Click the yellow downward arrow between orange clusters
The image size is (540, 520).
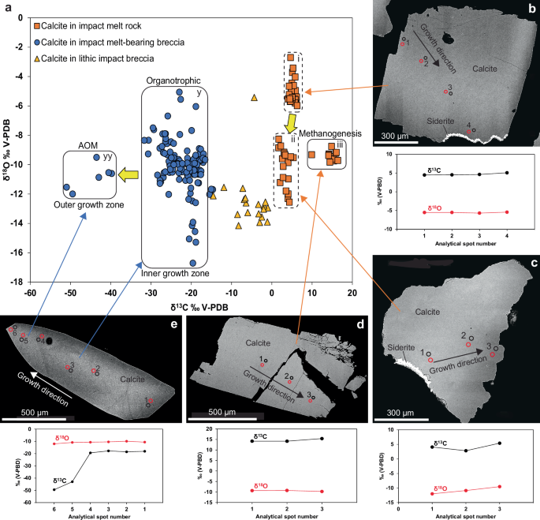(x=291, y=123)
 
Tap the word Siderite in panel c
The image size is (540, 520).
(x=404, y=347)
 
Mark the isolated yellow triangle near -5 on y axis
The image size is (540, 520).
(x=254, y=97)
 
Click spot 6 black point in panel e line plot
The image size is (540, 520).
(x=54, y=490)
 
